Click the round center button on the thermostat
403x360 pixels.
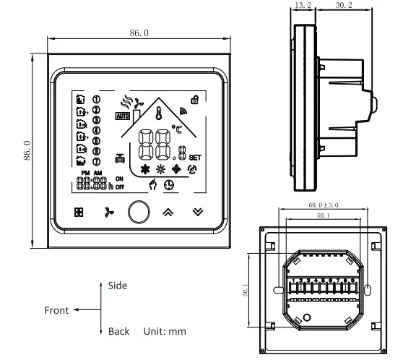pos(137,213)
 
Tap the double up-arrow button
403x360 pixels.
pos(168,213)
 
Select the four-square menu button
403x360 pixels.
pos(78,213)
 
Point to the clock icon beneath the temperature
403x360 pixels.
pos(167,185)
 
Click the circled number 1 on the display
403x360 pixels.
pos(96,99)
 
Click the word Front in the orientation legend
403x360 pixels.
pos(56,310)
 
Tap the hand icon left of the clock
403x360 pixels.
pos(152,185)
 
